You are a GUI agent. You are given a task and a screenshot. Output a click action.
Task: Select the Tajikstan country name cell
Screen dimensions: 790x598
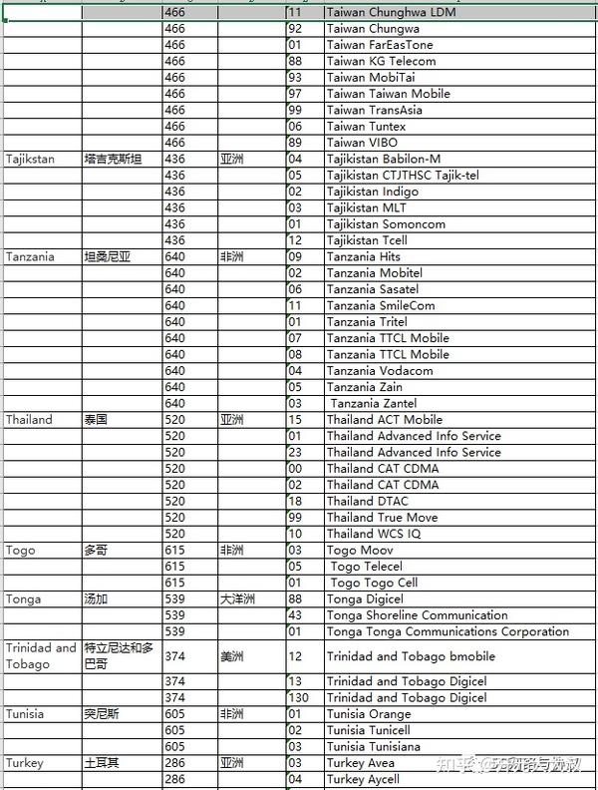30,159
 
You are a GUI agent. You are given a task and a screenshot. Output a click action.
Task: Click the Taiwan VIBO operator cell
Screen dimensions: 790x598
361,143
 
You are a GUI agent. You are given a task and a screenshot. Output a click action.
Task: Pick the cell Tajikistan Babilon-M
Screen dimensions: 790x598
383,159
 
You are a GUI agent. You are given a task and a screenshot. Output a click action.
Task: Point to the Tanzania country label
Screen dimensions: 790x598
30,256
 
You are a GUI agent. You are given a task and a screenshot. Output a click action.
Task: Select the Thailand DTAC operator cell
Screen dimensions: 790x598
369,501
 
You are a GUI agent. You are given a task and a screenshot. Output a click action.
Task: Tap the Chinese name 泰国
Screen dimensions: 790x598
98,420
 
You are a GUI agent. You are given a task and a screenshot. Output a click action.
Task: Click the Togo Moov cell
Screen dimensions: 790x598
360,550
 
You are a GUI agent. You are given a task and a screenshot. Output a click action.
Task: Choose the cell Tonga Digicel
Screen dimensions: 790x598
365,598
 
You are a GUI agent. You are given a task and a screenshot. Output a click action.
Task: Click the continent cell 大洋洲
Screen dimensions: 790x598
238,598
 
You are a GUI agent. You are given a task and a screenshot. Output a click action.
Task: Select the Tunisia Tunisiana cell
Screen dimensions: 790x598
373,746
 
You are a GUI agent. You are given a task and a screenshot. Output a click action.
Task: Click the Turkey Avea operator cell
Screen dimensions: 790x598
360,763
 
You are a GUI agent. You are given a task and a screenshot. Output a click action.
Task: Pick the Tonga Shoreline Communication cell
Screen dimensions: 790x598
417,615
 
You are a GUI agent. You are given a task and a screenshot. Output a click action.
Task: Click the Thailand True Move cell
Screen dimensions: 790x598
382,518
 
